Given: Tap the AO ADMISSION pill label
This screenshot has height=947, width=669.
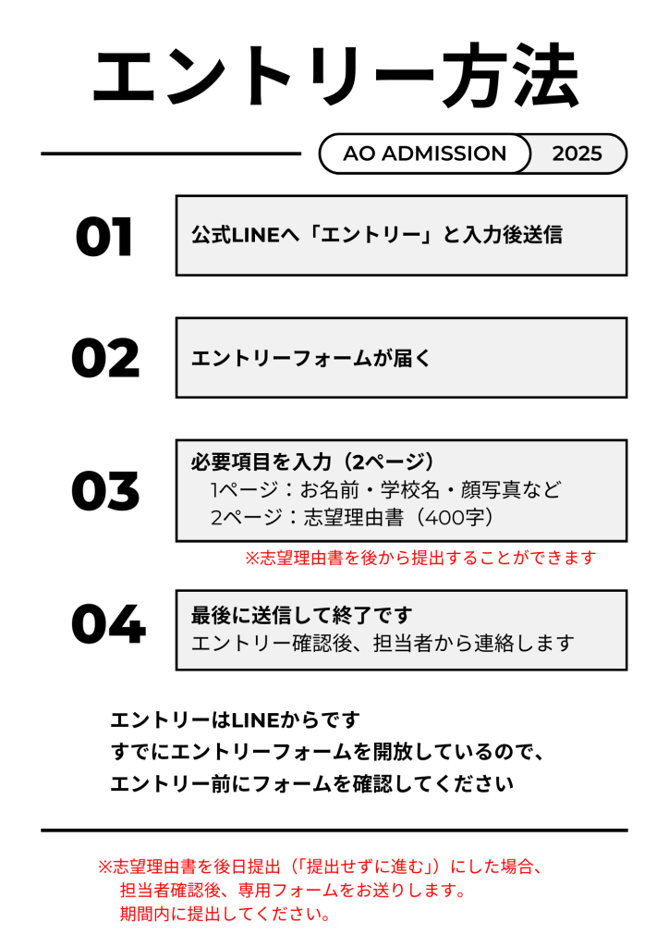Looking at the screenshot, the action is (425, 154).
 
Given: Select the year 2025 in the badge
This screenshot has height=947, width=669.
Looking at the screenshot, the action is (577, 154).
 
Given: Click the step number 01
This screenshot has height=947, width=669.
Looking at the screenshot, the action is (103, 237).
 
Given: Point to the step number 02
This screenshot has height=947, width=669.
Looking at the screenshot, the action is (105, 358).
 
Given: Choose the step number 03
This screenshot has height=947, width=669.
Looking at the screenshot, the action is (105, 490).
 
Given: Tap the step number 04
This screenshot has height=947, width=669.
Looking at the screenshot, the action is (109, 624).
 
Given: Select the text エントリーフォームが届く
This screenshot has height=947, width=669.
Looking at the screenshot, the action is (311, 358).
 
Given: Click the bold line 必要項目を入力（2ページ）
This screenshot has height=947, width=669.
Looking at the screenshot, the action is (312, 462).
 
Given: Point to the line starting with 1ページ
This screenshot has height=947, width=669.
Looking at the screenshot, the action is (386, 489).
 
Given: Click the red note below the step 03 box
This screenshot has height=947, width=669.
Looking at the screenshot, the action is (420, 558).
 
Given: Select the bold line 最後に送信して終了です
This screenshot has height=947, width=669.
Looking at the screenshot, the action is (302, 615).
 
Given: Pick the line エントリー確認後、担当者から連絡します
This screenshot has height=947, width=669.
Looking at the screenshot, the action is (383, 644).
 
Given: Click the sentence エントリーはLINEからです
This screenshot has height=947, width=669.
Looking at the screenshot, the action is (236, 719).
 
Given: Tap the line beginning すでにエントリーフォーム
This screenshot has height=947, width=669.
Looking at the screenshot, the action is (327, 752).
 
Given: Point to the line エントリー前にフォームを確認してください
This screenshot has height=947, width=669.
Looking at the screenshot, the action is (312, 784).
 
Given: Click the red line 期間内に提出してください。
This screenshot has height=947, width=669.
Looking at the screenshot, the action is (225, 914).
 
